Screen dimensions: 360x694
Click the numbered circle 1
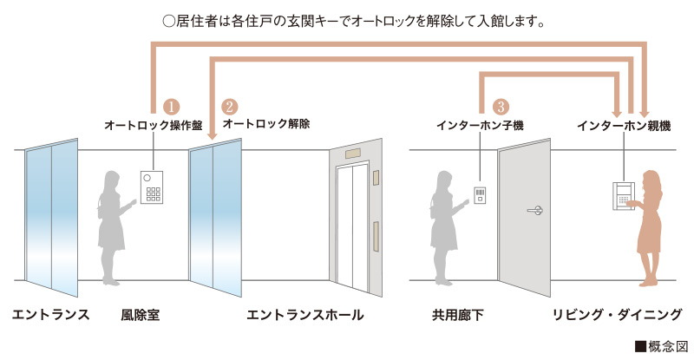pos(171,107)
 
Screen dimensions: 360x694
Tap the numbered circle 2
pos(230,107)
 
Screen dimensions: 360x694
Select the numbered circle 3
pos(500,107)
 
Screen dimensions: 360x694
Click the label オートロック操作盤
pos(153,126)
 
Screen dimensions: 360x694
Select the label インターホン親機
pos(624,126)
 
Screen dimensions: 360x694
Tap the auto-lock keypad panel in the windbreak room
pos(153,187)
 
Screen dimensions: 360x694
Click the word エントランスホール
pos(304,314)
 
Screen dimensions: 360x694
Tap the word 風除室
pos(140,314)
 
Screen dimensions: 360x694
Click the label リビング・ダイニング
pos(617,314)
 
